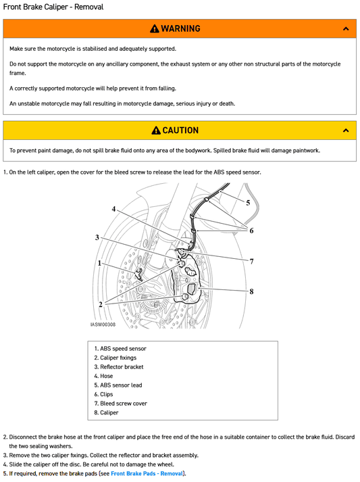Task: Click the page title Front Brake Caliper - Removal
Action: click(x=53, y=7)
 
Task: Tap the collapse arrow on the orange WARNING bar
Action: click(x=346, y=29)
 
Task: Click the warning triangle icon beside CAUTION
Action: click(x=156, y=130)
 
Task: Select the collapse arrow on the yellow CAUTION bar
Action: click(x=346, y=130)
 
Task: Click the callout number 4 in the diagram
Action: click(x=113, y=209)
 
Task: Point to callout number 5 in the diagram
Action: click(x=248, y=202)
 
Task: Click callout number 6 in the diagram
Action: click(x=251, y=231)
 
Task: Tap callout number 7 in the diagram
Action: click(x=251, y=261)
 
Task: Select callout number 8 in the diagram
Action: click(x=251, y=291)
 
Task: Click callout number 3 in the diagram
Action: click(x=97, y=237)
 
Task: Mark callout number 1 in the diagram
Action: click(x=99, y=263)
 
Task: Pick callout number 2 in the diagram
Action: click(x=100, y=305)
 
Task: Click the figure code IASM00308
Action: click(x=103, y=324)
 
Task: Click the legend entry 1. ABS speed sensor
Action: click(x=120, y=349)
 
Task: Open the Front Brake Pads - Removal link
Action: click(x=147, y=474)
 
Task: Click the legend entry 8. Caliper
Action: click(x=106, y=412)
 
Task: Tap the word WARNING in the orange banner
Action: click(x=180, y=29)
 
